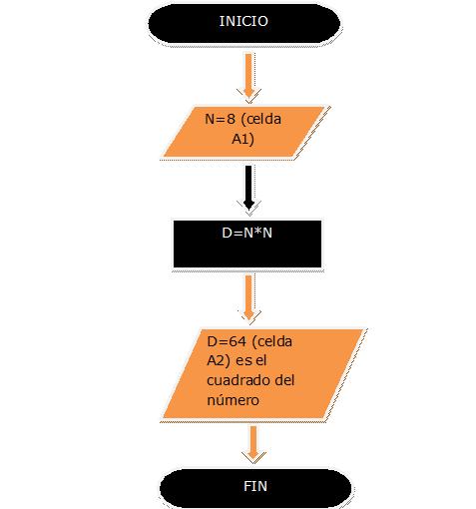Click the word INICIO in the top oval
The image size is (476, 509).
click(x=243, y=21)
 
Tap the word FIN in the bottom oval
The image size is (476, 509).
click(x=255, y=486)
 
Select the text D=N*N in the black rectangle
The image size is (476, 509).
click(x=247, y=233)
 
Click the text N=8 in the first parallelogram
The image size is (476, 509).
click(x=220, y=119)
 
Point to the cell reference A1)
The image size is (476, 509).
click(x=242, y=139)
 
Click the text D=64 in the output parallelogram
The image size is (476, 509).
click(x=227, y=341)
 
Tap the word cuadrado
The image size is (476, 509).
click(x=238, y=380)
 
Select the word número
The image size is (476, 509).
click(x=233, y=399)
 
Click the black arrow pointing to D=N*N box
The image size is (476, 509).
click(x=248, y=188)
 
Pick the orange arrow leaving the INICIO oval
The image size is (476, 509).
click(x=249, y=76)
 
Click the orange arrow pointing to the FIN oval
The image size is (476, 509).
click(x=253, y=443)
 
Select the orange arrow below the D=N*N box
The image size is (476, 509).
click(x=249, y=297)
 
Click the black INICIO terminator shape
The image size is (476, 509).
click(x=244, y=23)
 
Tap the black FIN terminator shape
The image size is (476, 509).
click(x=255, y=488)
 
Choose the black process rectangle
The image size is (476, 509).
click(x=247, y=244)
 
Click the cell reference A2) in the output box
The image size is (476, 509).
click(x=219, y=361)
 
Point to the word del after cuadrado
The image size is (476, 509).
click(x=284, y=380)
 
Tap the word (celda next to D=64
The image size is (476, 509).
click(x=272, y=342)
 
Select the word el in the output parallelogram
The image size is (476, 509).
click(x=261, y=361)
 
